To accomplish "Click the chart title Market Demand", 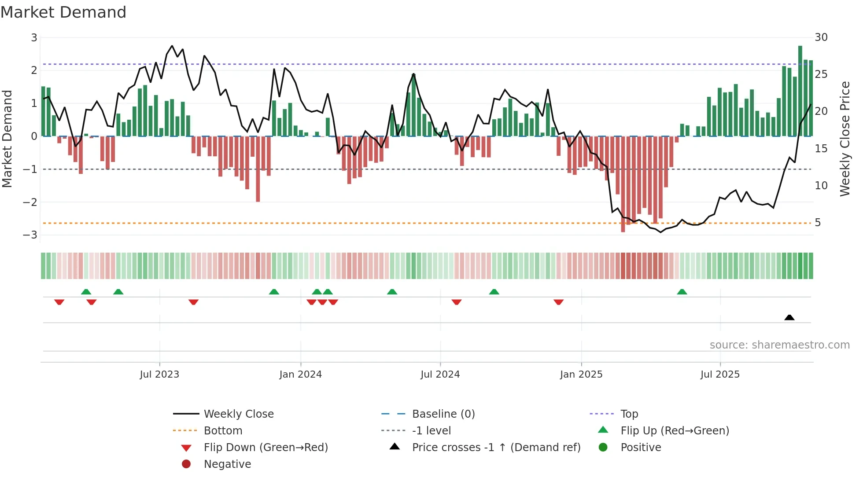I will click(x=63, y=12).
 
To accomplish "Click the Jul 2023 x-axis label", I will click(x=159, y=375).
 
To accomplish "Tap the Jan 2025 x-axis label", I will click(x=581, y=375).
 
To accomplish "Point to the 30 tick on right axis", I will click(x=821, y=37).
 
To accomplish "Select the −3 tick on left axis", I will click(x=30, y=235).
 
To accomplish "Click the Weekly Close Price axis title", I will click(x=845, y=139).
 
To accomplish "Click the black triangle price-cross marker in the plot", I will click(x=789, y=317).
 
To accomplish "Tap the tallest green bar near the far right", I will click(x=800, y=90).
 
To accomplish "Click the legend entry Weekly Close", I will click(x=239, y=414).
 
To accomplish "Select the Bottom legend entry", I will click(x=223, y=430).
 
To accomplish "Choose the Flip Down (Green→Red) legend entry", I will click(x=266, y=447).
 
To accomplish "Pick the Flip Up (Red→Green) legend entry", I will click(x=675, y=430).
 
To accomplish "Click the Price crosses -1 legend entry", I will click(x=496, y=447).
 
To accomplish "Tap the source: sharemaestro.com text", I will click(x=779, y=345).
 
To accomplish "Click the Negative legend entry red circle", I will click(x=186, y=464).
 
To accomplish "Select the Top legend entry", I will click(x=629, y=414).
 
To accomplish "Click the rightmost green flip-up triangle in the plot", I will click(x=682, y=292).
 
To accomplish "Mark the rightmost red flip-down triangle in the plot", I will click(x=558, y=302).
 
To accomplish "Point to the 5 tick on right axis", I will click(x=818, y=223).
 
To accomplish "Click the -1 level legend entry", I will click(x=431, y=430).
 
